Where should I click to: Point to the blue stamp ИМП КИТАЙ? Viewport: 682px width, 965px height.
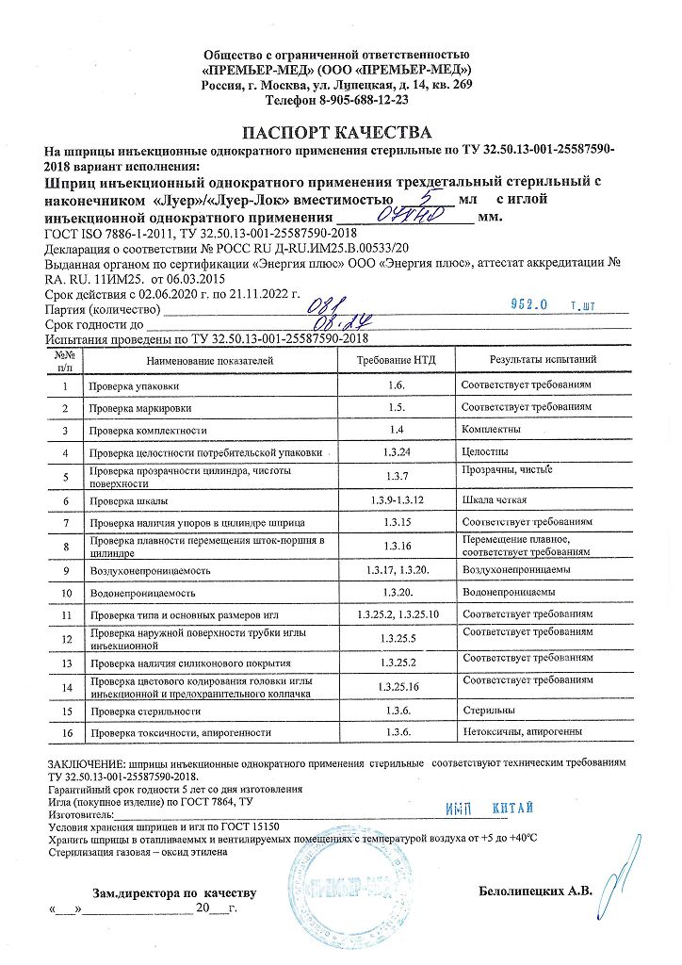point(489,809)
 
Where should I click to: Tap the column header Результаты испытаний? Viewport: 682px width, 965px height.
point(543,361)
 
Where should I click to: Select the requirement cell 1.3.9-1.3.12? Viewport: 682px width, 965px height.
point(396,499)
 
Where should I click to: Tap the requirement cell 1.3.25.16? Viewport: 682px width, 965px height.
point(396,686)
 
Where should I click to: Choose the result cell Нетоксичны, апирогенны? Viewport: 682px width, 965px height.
point(523,732)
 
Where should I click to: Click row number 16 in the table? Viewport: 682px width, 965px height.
point(66,732)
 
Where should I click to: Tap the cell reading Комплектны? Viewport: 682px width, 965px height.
point(491,430)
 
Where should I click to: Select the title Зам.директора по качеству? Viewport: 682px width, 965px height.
point(173,891)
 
